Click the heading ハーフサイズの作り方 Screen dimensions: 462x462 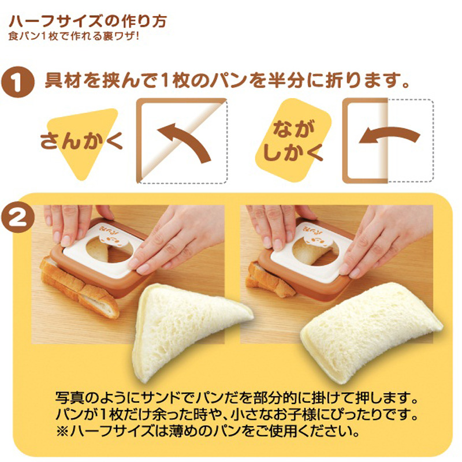(88, 21)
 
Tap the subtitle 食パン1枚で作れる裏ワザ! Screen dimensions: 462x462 (74, 36)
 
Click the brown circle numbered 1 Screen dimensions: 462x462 (18, 81)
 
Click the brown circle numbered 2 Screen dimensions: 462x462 (18, 218)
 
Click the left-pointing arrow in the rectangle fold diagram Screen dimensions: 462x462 (389, 136)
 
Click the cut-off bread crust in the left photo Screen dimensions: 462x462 (79, 288)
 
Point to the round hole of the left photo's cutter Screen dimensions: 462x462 (110, 249)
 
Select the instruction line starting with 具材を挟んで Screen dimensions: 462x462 (227, 80)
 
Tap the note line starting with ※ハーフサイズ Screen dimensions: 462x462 (208, 431)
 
